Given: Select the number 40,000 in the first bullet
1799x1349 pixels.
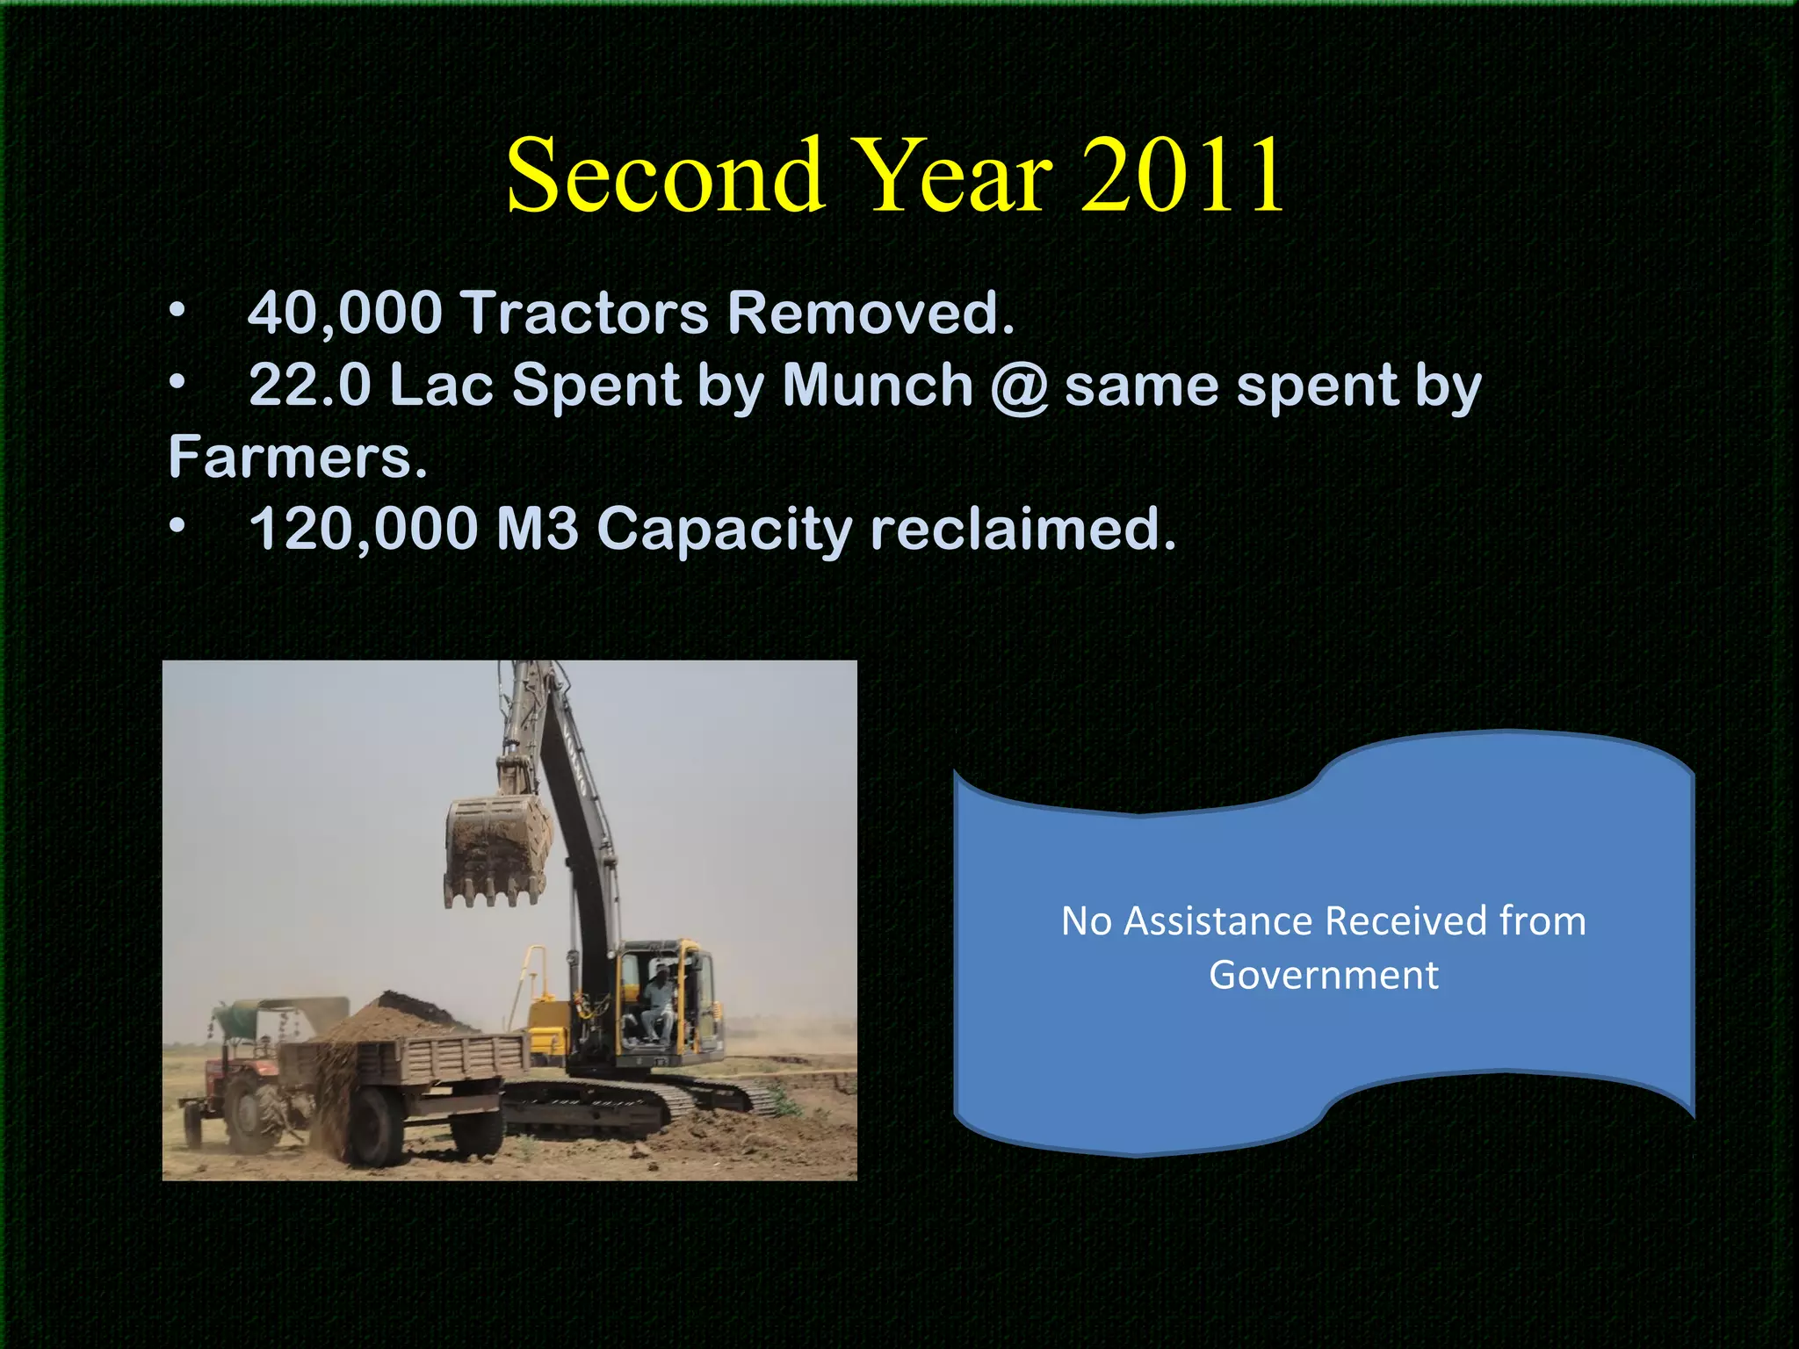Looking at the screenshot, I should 344,313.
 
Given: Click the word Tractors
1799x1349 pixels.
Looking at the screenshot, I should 585,313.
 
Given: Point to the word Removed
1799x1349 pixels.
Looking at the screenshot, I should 870,313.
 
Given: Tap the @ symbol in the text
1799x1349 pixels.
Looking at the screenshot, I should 1019,386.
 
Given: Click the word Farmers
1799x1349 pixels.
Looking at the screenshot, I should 297,457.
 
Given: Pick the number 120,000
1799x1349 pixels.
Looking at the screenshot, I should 364,530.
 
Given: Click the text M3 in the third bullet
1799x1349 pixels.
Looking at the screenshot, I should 537,530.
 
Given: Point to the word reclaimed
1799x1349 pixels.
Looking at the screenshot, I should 1022,530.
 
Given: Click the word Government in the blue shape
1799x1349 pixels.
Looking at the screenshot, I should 1323,975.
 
